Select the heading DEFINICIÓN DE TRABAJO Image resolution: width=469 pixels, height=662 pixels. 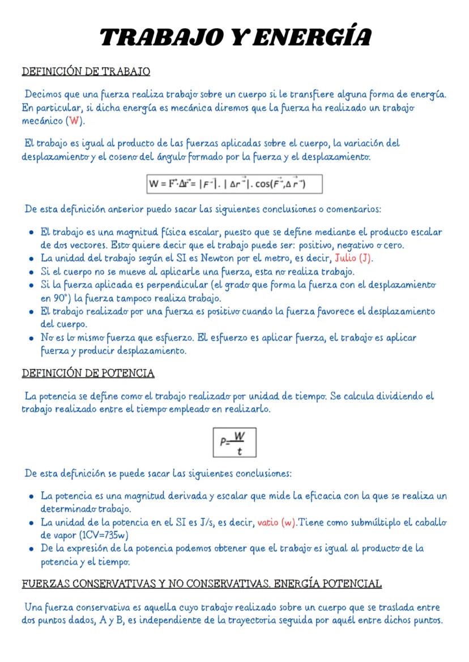pyautogui.click(x=86, y=72)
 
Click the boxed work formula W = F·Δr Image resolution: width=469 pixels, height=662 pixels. pyautogui.click(x=234, y=184)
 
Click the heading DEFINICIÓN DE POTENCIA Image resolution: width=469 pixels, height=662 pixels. pyautogui.click(x=88, y=374)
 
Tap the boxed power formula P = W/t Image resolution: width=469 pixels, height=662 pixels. pyautogui.click(x=234, y=442)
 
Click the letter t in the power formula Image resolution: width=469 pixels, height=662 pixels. pyautogui.click(x=240, y=451)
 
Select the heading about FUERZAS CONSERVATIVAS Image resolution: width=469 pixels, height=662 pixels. pyautogui.click(x=201, y=583)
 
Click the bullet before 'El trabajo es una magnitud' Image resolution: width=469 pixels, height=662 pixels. pyautogui.click(x=29, y=233)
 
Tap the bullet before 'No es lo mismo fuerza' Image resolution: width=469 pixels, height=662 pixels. pyautogui.click(x=29, y=338)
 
